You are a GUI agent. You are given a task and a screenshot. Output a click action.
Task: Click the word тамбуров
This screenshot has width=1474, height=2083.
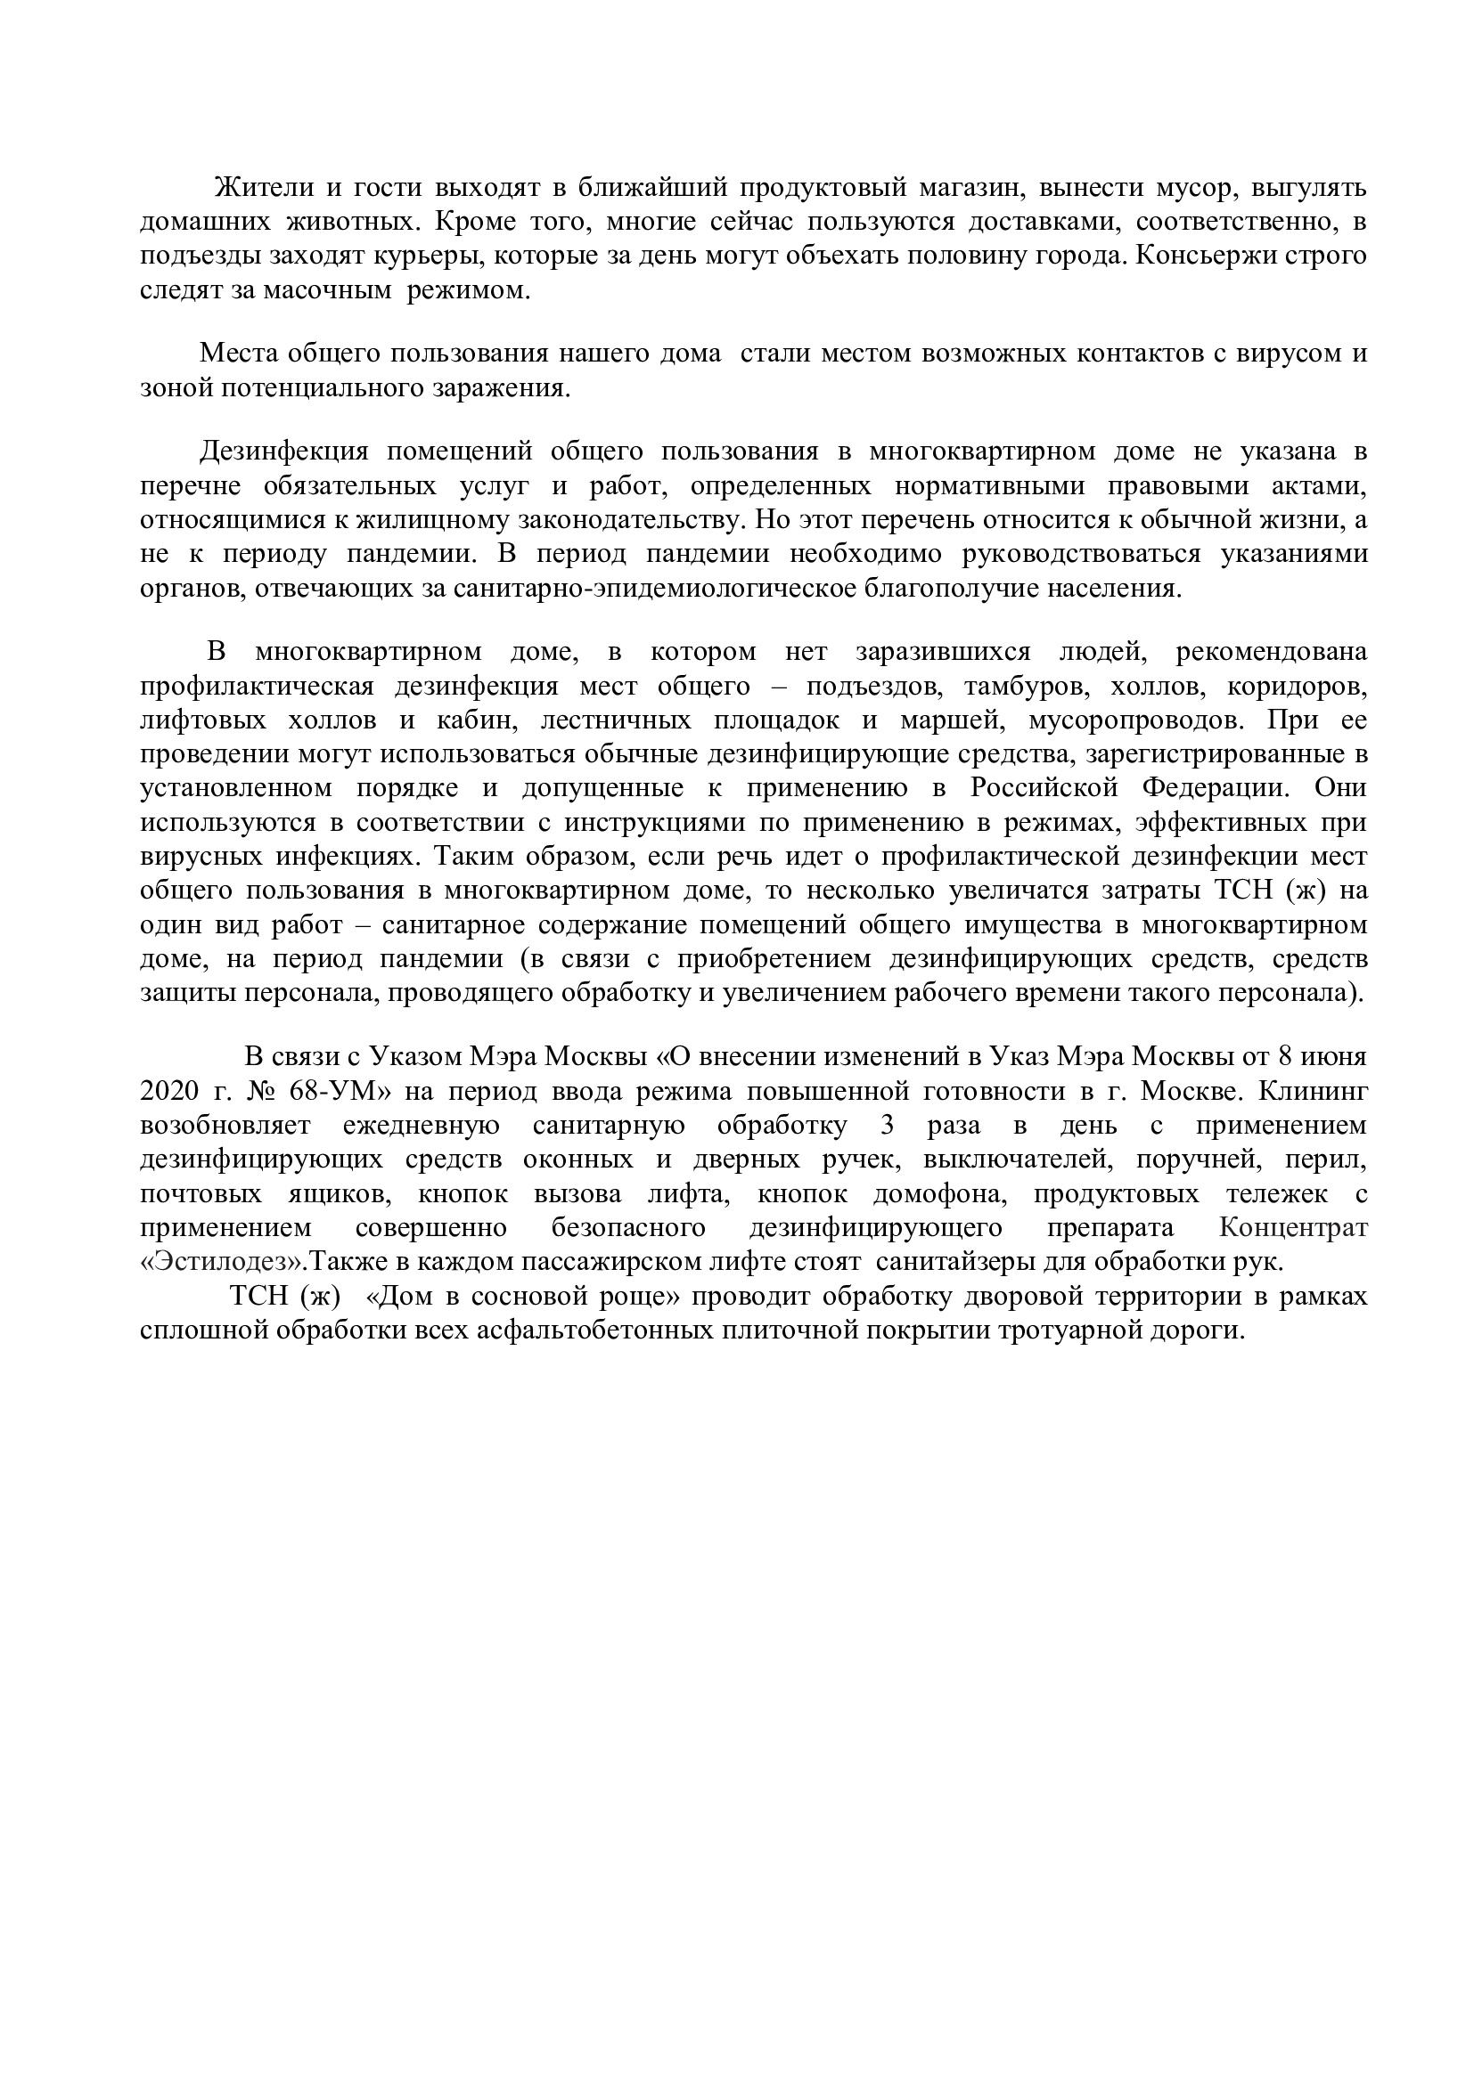(x=1027, y=686)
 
